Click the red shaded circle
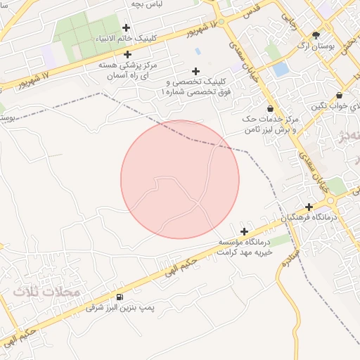click(180, 179)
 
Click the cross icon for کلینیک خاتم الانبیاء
click(126, 27)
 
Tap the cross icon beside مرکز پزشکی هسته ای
click(127, 53)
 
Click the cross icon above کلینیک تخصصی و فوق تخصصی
click(195, 71)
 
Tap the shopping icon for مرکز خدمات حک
click(271, 108)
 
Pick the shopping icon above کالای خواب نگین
click(339, 95)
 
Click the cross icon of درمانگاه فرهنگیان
click(308, 207)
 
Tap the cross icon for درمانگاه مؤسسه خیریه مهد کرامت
click(245, 231)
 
